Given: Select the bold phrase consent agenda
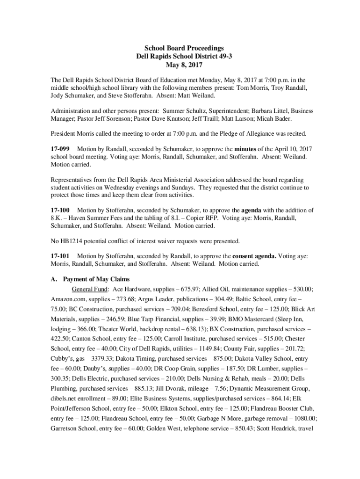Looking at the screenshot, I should [254, 256].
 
